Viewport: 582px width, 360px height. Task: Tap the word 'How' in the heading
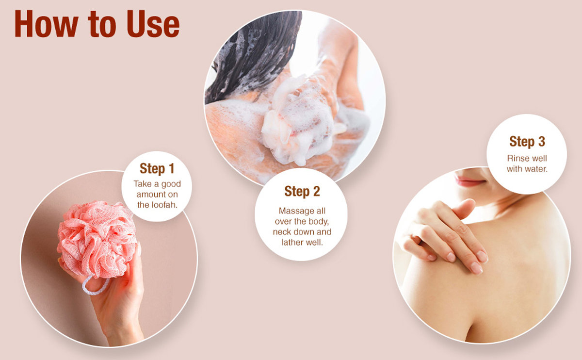[46, 24]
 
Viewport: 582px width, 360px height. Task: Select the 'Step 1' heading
[157, 168]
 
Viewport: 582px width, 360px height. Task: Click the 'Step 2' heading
[302, 191]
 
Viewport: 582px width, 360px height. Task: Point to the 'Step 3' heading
[527, 141]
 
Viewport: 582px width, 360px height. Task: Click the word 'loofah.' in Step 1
[164, 205]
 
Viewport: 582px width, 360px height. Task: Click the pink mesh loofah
[97, 239]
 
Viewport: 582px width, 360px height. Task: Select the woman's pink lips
[470, 180]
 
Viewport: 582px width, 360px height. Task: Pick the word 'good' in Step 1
[171, 184]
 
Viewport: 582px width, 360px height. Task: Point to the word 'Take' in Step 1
[143, 184]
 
